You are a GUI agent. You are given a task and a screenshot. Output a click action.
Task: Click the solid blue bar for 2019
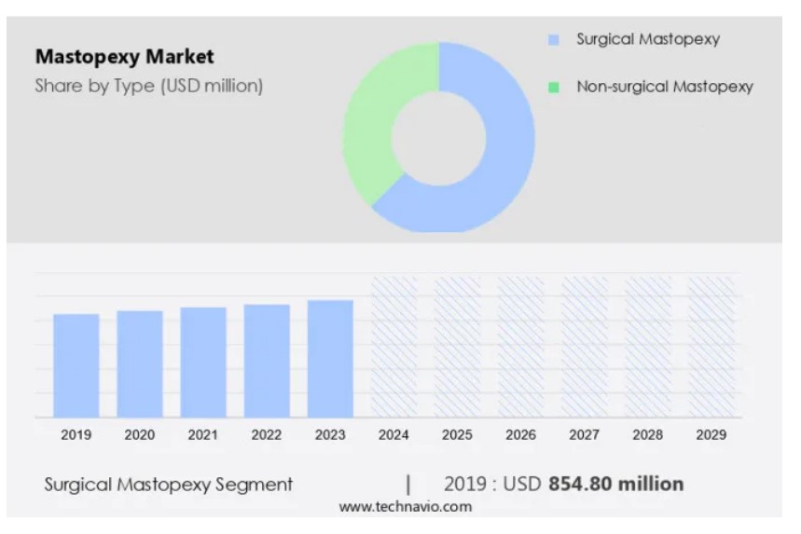(x=76, y=365)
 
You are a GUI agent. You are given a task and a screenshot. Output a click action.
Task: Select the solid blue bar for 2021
(x=203, y=363)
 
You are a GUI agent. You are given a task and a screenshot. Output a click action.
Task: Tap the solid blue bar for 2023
(x=330, y=359)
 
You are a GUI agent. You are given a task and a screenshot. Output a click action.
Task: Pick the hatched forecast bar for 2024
(x=394, y=347)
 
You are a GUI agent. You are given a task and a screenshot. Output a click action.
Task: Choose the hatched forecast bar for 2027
(x=585, y=347)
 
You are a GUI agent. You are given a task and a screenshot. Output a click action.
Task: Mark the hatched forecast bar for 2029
(x=711, y=347)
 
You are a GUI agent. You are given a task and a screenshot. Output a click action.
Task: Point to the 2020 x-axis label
(x=140, y=434)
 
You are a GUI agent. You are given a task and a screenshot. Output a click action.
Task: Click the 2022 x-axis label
(x=267, y=434)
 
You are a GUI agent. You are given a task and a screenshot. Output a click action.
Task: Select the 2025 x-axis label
(x=457, y=434)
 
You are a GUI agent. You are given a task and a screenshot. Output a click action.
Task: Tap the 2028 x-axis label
(x=648, y=434)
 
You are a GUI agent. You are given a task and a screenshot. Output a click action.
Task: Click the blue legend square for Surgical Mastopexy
(x=554, y=40)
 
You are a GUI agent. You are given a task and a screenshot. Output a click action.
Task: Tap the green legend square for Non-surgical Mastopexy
(x=554, y=88)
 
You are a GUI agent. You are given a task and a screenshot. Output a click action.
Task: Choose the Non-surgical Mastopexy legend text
(x=664, y=87)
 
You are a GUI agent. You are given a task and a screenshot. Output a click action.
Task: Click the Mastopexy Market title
(x=124, y=57)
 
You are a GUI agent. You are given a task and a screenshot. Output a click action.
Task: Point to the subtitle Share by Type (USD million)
(x=149, y=86)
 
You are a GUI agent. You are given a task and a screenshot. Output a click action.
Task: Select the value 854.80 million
(x=615, y=484)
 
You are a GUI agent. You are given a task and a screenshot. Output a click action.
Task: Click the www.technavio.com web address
(x=405, y=507)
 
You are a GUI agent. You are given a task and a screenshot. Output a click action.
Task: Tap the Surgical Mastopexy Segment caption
(x=168, y=485)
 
